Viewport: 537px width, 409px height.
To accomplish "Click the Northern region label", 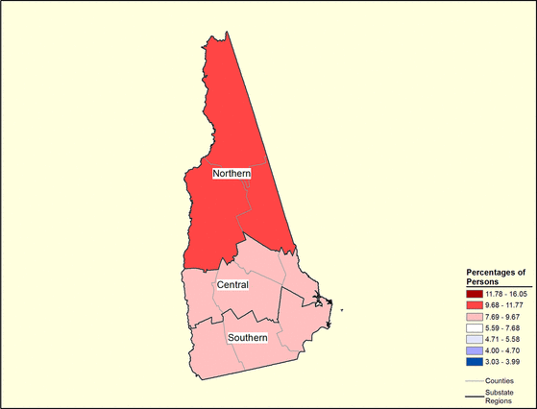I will [232, 173].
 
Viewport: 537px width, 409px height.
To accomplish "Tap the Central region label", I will [232, 285].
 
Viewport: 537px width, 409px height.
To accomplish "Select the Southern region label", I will [247, 338].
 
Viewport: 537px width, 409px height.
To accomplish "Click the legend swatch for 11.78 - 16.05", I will [475, 292].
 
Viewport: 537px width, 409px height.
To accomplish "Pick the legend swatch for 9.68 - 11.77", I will [475, 303].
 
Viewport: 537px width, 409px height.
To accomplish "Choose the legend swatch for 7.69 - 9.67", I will [475, 316].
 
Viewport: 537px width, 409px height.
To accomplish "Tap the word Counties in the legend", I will [500, 381].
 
